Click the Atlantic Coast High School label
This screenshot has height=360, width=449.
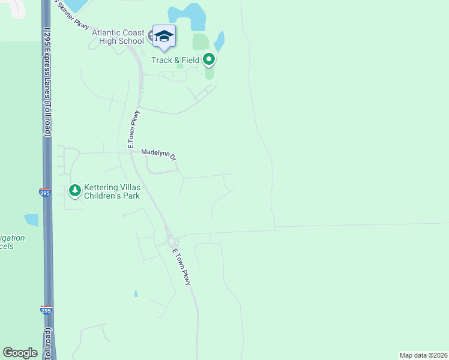(118, 37)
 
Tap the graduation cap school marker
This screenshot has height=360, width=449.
(164, 37)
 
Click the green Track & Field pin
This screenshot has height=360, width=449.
(209, 59)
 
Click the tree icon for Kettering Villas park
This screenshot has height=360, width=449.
(74, 191)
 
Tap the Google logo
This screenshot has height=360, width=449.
(20, 353)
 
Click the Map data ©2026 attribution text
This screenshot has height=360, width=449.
(423, 355)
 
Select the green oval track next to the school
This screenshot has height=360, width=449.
(200, 42)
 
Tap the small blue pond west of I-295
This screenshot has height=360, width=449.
(31, 220)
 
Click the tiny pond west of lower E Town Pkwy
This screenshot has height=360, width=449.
(136, 293)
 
